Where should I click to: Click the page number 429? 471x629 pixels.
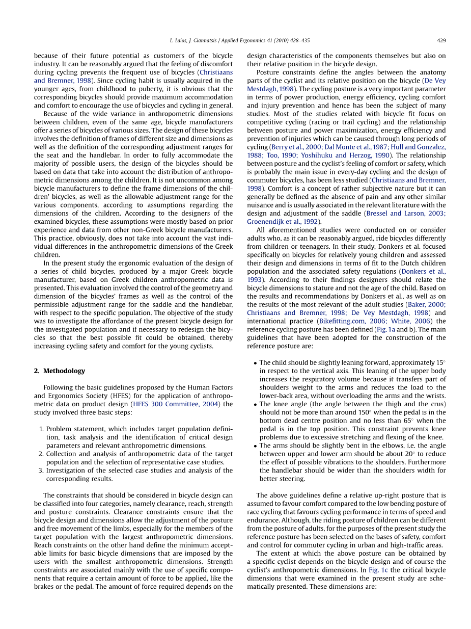(441, 40)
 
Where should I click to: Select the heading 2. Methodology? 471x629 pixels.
(60, 371)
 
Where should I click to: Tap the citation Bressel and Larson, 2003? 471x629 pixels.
(405, 213)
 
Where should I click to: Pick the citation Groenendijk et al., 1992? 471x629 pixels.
(283, 221)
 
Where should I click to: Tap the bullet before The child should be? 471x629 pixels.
(255, 363)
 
